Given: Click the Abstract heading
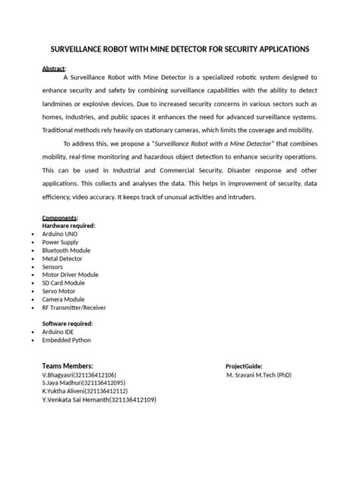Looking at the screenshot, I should click(54, 68).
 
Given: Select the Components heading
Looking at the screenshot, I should click(59, 218).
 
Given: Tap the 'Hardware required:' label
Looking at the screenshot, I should click(68, 226).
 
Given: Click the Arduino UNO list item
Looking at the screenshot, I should click(61, 234).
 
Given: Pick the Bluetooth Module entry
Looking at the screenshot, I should click(66, 251).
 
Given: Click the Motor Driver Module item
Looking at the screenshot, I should click(71, 275).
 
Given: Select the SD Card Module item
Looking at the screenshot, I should click(65, 283).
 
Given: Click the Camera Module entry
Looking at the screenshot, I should click(64, 300).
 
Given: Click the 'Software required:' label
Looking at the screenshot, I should click(68, 324).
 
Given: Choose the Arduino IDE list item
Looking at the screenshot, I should click(58, 332).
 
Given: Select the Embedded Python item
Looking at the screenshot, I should click(66, 340).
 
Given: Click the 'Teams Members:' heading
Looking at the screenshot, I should click(68, 365).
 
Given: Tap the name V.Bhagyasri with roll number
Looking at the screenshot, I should click(79, 374).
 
